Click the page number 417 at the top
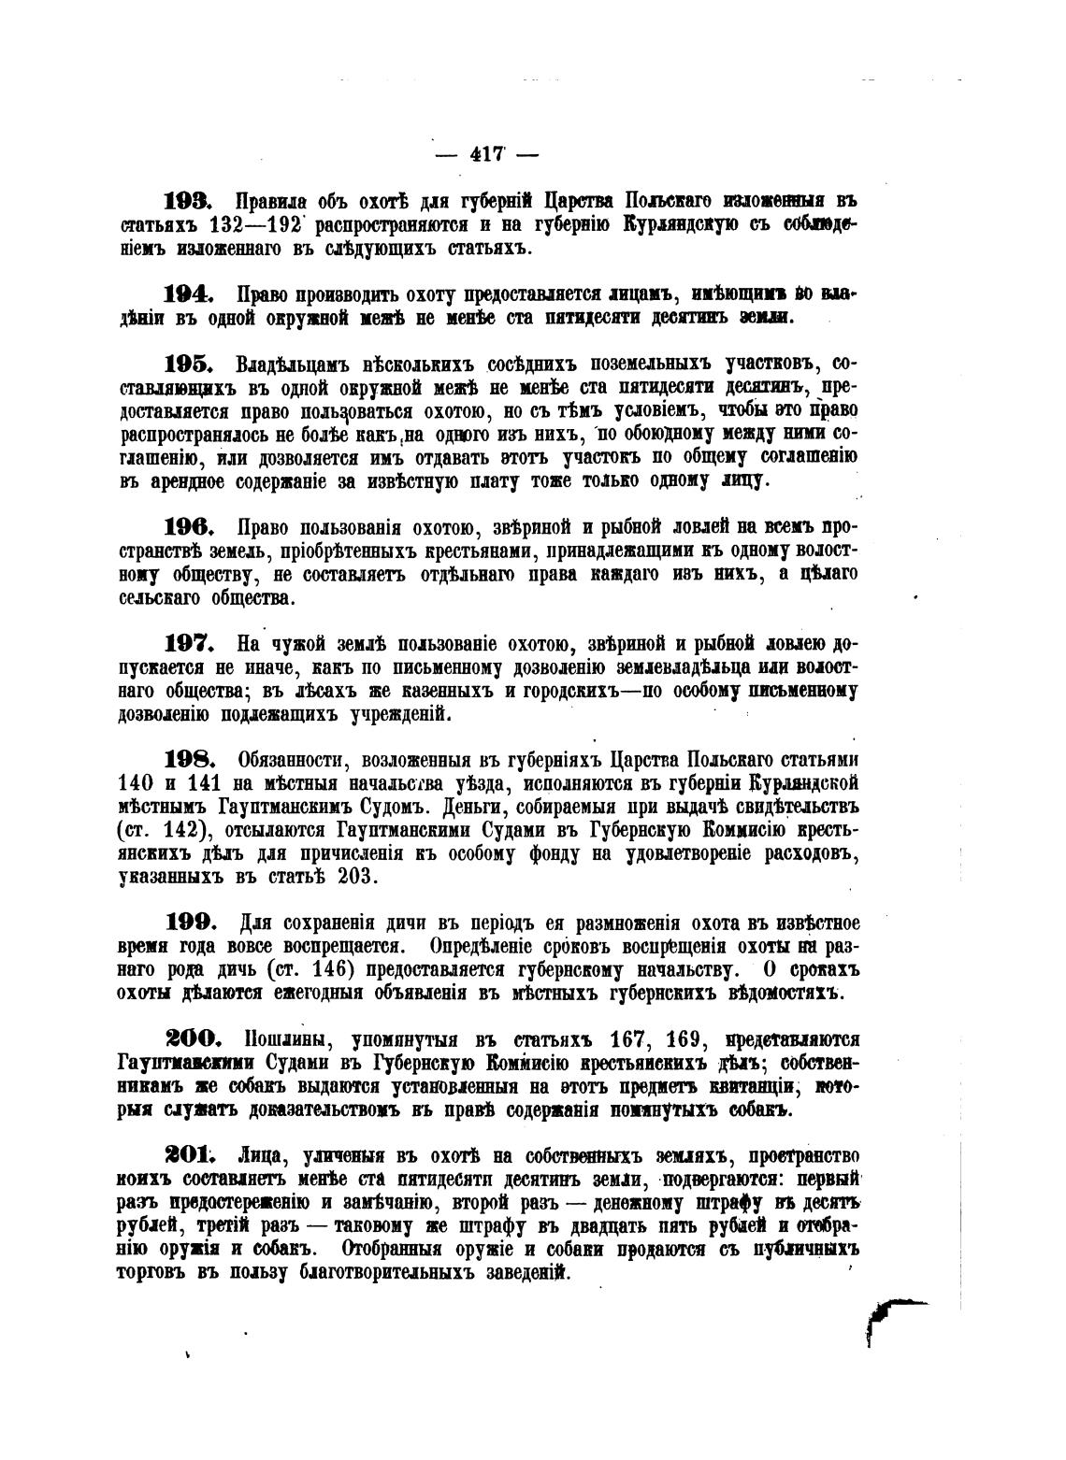pos(486,155)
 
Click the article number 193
pos(190,201)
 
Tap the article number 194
pos(190,293)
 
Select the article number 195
pos(190,363)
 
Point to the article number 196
pos(190,526)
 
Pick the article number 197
pos(190,643)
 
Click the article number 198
pos(190,758)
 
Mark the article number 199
pos(190,922)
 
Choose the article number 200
pos(193,1038)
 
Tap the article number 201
pos(191,1153)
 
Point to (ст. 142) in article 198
pos(165,829)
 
